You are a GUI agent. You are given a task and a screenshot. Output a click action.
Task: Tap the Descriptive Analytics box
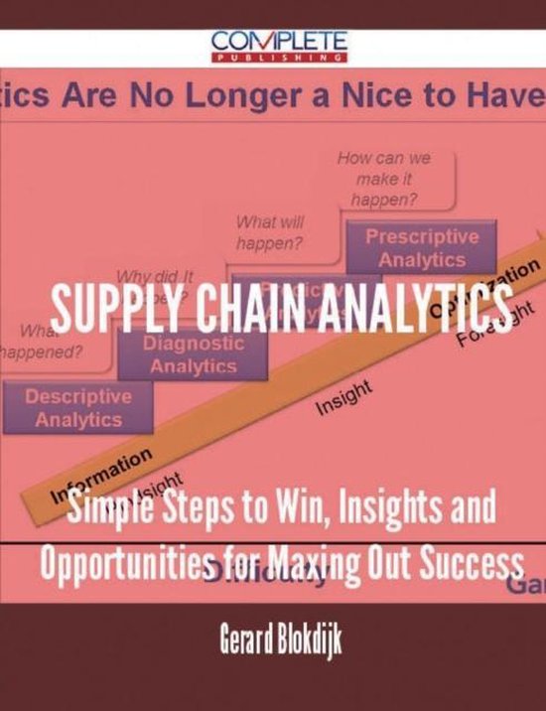point(78,408)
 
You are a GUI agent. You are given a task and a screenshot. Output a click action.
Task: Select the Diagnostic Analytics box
point(192,354)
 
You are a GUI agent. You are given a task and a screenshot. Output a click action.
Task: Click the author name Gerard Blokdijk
point(272,639)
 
